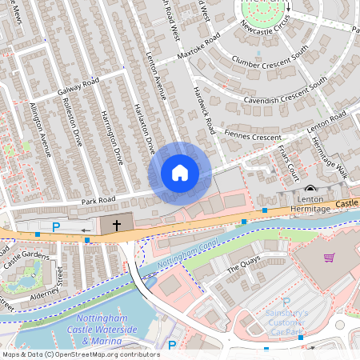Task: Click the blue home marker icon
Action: point(180,173)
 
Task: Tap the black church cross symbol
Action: point(117,226)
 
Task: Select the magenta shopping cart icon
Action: point(329,258)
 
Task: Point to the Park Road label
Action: point(98,198)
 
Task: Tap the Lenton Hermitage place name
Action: point(309,203)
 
